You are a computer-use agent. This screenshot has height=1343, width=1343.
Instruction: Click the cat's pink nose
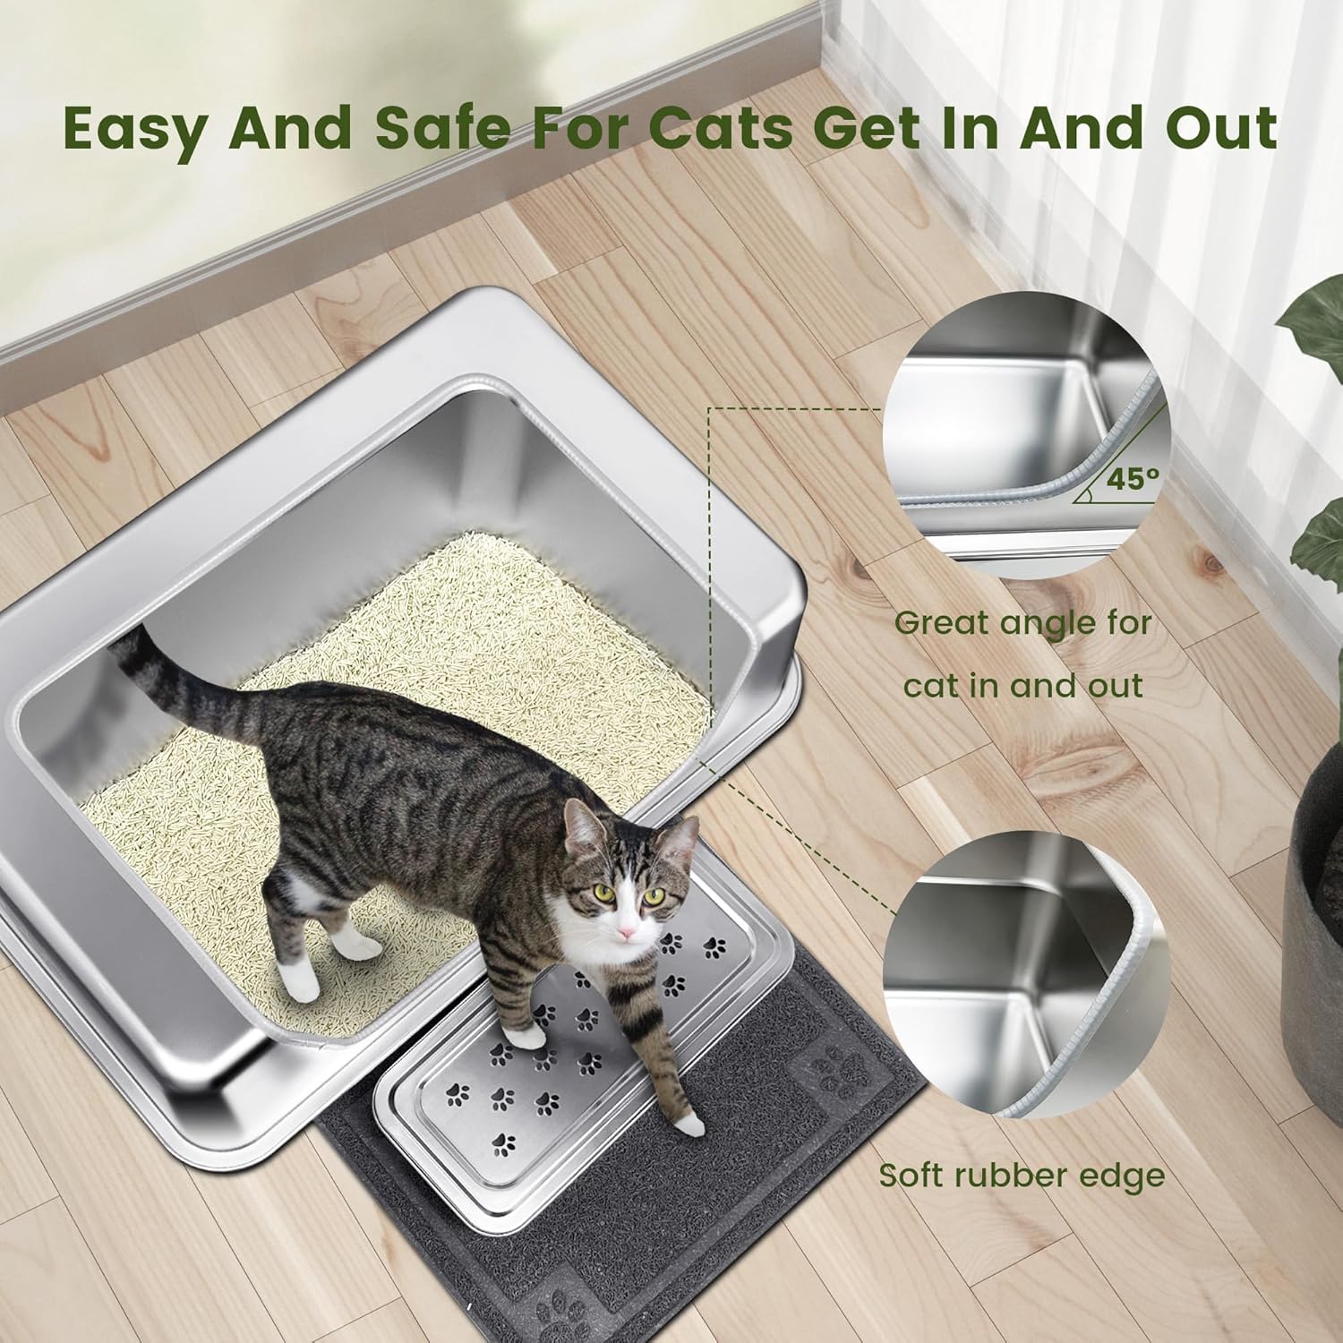coord(629,934)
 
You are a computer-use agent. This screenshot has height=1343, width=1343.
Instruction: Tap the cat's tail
coord(179,680)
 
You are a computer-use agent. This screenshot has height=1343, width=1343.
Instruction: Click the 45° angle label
coord(1131,478)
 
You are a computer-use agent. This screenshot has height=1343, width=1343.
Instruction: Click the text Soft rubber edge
coord(1022,1175)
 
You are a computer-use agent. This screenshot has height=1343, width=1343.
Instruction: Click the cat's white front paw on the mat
coord(687,1124)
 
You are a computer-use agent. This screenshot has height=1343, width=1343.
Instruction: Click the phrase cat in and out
coord(1023,686)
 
